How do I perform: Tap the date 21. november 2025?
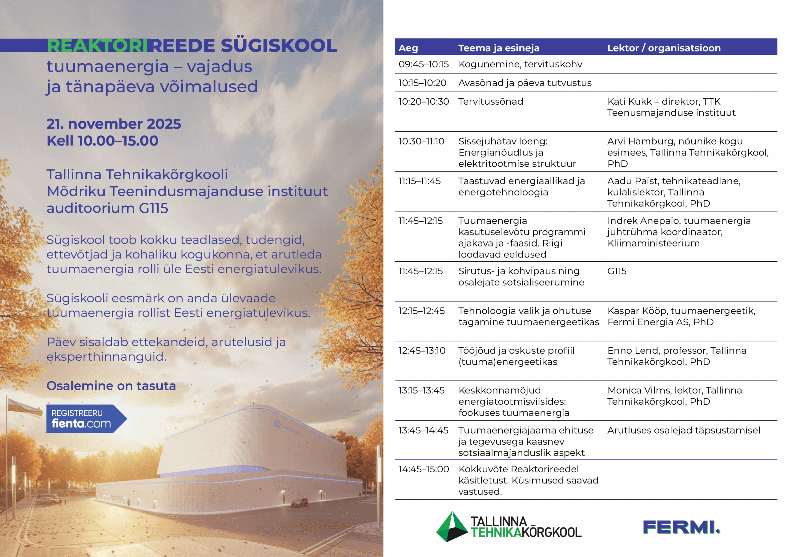click(114, 124)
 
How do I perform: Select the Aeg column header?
click(408, 48)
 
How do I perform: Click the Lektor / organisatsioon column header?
click(664, 48)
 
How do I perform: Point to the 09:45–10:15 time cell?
click(424, 65)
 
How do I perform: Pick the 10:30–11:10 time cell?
click(421, 141)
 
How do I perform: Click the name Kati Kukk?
click(629, 102)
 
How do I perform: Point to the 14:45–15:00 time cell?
click(424, 469)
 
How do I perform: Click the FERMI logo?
click(681, 527)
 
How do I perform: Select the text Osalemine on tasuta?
click(111, 386)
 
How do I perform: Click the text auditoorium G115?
click(107, 208)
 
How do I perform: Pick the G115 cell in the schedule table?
click(617, 271)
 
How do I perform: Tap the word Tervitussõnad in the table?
click(491, 102)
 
